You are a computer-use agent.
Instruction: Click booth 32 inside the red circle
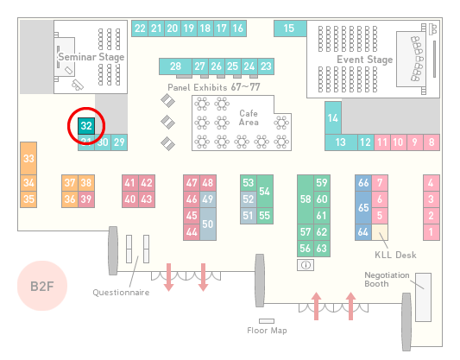(x=86, y=126)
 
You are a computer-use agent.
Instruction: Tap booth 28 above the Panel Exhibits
(x=175, y=66)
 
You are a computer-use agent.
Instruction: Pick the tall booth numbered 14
(x=333, y=118)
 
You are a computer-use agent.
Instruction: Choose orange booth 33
(x=28, y=159)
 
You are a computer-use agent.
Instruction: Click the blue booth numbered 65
(x=363, y=207)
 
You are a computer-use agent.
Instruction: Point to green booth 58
(x=306, y=199)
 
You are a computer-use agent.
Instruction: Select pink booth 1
(x=432, y=232)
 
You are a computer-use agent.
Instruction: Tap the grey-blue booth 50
(x=208, y=224)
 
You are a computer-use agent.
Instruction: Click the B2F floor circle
(x=42, y=286)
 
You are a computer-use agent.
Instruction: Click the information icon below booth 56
(x=306, y=265)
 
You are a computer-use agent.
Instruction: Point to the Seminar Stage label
(x=91, y=57)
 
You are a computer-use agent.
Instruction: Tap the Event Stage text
(x=365, y=60)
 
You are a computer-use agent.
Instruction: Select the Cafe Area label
(x=249, y=117)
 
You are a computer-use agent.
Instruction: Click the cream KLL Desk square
(x=380, y=232)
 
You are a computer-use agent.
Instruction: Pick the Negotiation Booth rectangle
(x=424, y=297)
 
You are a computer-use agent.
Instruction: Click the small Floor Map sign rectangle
(x=267, y=321)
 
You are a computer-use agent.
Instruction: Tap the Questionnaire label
(x=121, y=293)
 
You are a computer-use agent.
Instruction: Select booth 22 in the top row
(x=140, y=28)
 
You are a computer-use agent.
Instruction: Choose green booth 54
(x=265, y=192)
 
